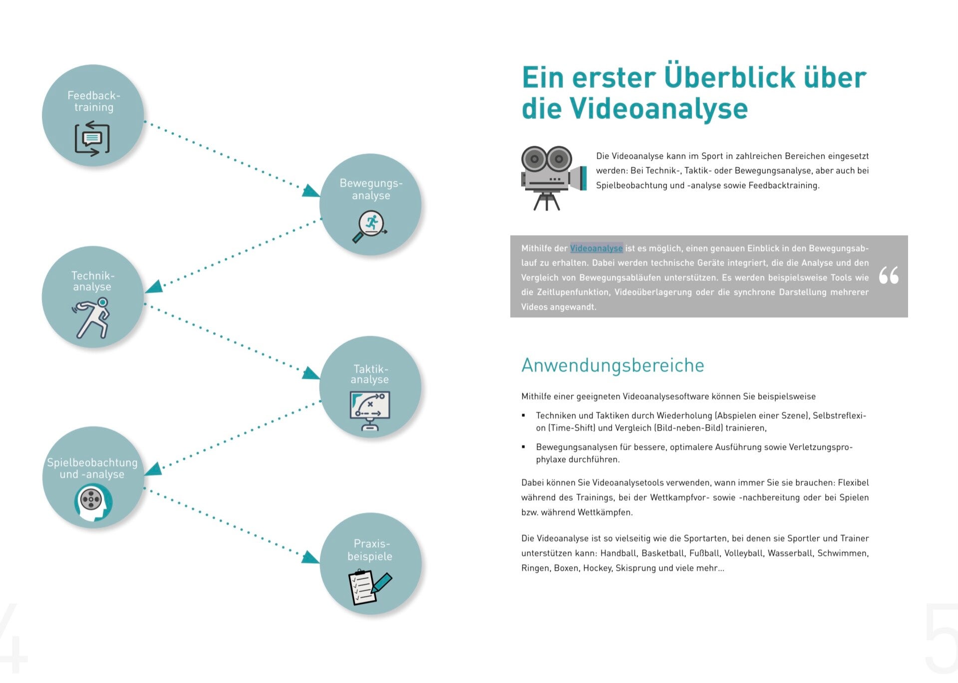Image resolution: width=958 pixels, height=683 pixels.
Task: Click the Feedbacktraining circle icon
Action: click(x=92, y=138)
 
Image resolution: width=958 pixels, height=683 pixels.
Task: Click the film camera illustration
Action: click(x=552, y=178)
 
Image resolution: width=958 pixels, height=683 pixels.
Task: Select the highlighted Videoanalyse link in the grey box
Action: click(x=596, y=248)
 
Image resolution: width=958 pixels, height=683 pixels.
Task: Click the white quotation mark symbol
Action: click(x=889, y=275)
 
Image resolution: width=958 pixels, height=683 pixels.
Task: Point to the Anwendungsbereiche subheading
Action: click(x=613, y=365)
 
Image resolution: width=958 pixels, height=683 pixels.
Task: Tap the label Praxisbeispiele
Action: click(x=370, y=550)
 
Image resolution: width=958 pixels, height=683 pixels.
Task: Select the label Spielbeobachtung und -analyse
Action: click(x=92, y=468)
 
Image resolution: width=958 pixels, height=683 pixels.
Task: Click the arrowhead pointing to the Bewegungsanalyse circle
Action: click(x=311, y=191)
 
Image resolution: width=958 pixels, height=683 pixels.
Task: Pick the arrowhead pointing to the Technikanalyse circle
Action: click(x=154, y=286)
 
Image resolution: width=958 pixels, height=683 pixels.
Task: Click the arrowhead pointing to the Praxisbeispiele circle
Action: click(x=311, y=557)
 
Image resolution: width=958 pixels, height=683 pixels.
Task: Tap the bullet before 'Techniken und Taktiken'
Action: click(x=524, y=415)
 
